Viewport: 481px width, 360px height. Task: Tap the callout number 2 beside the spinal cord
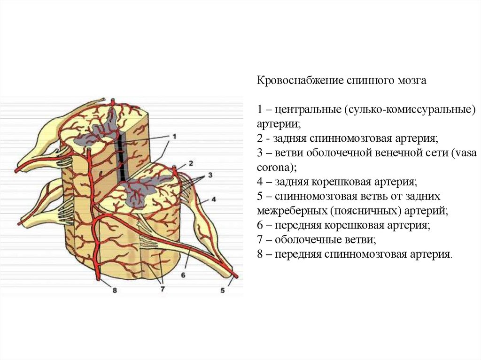coord(191,163)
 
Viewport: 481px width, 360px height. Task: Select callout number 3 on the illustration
coord(210,175)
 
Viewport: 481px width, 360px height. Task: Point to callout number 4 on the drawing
coord(213,199)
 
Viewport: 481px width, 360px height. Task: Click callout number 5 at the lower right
coord(222,291)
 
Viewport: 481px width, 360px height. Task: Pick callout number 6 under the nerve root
coord(183,275)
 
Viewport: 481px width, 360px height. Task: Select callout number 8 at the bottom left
coord(114,291)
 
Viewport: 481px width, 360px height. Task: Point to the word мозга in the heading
coord(412,81)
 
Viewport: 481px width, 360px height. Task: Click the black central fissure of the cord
coord(122,157)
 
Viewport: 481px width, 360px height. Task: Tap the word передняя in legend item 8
coord(297,254)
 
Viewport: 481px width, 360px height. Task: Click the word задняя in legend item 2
coord(289,138)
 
